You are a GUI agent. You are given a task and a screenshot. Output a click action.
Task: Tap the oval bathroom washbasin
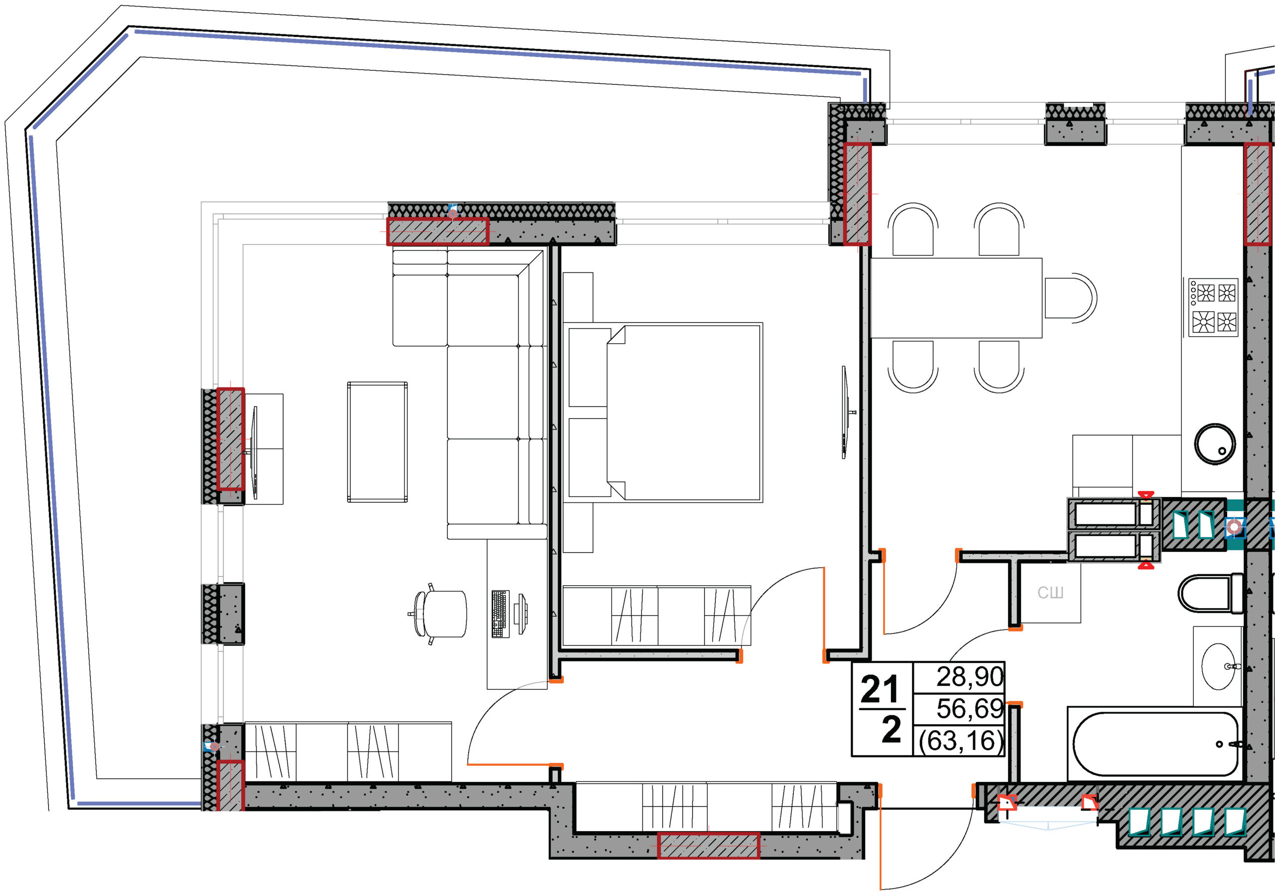coord(1218,666)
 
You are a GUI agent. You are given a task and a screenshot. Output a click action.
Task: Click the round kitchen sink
coord(1215,444)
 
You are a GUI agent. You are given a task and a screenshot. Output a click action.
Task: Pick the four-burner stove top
coord(1213,307)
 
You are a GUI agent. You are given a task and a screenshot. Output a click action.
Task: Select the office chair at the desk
coord(439,613)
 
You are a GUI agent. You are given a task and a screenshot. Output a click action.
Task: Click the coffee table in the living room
coord(377,442)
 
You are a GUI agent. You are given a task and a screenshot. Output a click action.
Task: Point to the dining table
coord(956,298)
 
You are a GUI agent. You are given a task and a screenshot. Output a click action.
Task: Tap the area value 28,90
coord(969,676)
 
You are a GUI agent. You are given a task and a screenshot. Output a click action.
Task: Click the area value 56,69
coord(969,708)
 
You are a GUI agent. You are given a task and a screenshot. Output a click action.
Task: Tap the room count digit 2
coord(892,730)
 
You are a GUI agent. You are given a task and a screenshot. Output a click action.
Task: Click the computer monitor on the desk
coord(521,613)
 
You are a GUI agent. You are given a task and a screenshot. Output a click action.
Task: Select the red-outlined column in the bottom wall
coord(709,845)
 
